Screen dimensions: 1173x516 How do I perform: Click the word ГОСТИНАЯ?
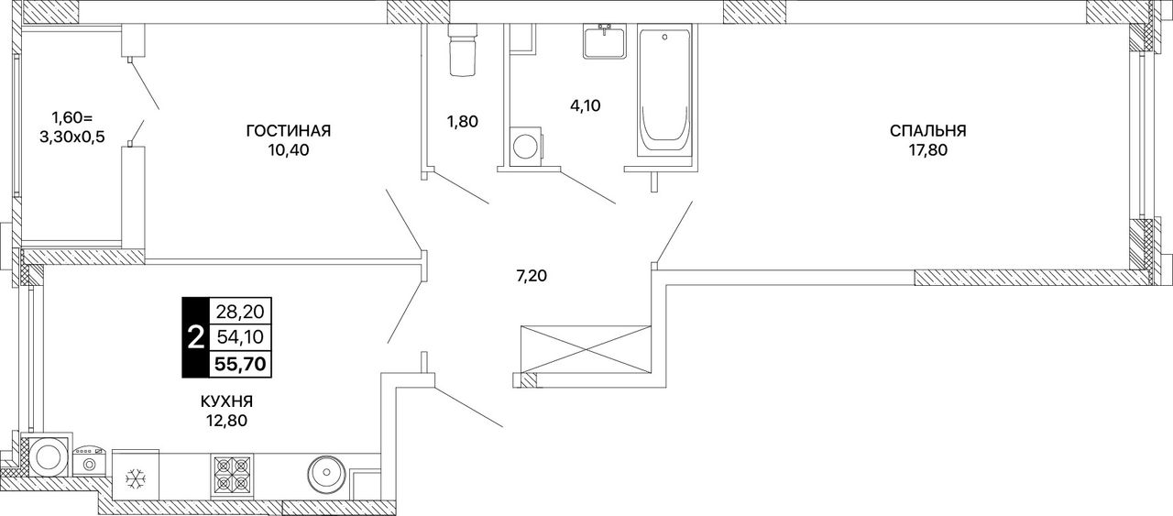[x=289, y=130]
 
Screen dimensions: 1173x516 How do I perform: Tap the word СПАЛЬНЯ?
[x=928, y=130]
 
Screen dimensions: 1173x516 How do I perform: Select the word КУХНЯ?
[x=226, y=401]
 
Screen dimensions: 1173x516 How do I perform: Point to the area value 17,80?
[x=928, y=150]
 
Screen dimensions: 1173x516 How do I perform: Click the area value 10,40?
[x=289, y=150]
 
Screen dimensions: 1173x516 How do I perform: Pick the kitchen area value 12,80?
[x=226, y=421]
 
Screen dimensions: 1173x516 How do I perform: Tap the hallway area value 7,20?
[x=532, y=276]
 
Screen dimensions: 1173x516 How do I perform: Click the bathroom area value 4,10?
[x=586, y=105]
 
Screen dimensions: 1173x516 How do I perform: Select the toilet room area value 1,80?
[x=463, y=122]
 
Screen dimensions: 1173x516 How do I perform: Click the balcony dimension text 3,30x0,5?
[x=72, y=137]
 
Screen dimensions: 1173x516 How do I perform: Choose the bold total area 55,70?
[x=240, y=363]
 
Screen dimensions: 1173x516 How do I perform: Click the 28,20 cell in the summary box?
[x=240, y=313]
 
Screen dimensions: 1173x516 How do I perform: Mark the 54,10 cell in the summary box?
[x=240, y=337]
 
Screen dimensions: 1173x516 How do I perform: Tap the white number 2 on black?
[x=195, y=337]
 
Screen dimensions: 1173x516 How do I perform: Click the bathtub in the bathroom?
[x=665, y=93]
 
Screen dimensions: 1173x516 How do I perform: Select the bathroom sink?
[x=605, y=41]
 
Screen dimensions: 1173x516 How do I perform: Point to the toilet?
[x=463, y=50]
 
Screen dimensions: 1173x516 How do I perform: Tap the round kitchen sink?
[x=325, y=474]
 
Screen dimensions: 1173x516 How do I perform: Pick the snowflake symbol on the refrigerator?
[x=136, y=478]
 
